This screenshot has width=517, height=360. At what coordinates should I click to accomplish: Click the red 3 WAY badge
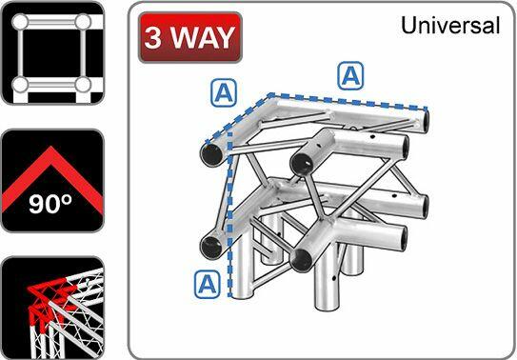coord(189,37)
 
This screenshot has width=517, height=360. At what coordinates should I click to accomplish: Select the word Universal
coord(450,26)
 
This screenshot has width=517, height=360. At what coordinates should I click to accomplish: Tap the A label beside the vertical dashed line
coord(207,282)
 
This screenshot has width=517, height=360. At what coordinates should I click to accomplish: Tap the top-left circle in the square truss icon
coord(18,20)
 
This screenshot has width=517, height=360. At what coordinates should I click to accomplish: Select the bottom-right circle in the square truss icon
coord(83,85)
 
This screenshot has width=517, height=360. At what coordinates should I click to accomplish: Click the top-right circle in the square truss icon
coord(83,20)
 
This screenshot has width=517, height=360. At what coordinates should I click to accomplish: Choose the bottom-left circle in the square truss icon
coord(18,85)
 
